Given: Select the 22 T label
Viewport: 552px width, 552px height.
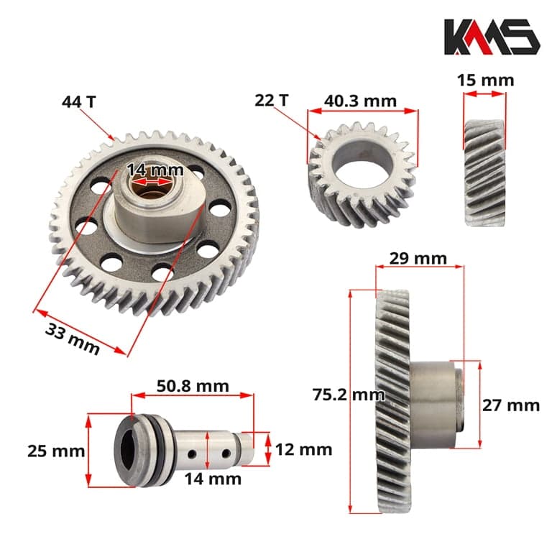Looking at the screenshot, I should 272,100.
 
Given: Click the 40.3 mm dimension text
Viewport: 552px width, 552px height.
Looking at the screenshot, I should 360,100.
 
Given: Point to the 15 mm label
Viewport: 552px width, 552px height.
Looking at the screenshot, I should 485,80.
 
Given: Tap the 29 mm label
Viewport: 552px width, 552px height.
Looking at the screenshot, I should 417,257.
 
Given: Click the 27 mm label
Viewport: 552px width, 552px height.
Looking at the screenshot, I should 510,405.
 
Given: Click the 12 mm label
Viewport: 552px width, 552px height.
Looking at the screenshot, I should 303,449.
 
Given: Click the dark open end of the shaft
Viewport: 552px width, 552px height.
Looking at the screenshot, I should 127,451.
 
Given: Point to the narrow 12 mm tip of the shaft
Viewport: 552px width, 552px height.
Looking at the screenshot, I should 246,448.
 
